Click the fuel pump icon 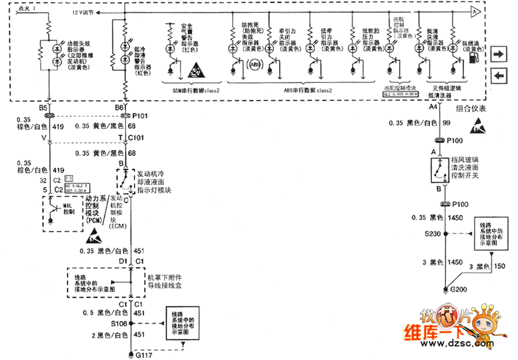pyautogui.click(x=472, y=58)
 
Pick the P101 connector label pyautogui.click(x=141, y=117)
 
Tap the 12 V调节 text pyautogui.click(x=83, y=12)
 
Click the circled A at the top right pyautogui.click(x=474, y=11)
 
